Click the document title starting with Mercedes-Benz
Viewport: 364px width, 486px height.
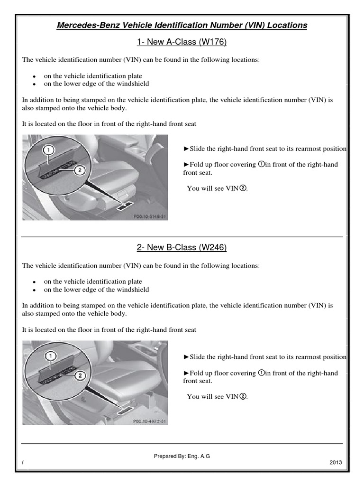(x=182, y=25)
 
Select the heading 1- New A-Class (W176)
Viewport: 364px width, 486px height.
(x=182, y=43)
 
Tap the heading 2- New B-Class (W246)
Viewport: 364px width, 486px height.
(x=182, y=248)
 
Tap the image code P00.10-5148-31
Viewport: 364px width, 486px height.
(x=149, y=216)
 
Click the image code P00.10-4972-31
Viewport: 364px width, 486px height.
(x=149, y=421)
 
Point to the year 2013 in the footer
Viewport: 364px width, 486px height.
(x=335, y=463)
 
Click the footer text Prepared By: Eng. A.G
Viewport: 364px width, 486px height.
(x=182, y=456)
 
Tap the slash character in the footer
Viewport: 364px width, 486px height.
(x=23, y=463)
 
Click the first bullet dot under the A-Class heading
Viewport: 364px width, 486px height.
(x=35, y=76)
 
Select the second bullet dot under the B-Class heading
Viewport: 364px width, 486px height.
(x=35, y=290)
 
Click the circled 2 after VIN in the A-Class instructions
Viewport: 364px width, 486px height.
(x=243, y=188)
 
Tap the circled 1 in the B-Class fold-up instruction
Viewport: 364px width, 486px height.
(x=261, y=373)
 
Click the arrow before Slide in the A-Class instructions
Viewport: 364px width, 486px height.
(x=186, y=149)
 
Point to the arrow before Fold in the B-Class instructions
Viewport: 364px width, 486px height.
(x=186, y=374)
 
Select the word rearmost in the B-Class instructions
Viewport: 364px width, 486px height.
(x=305, y=357)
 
